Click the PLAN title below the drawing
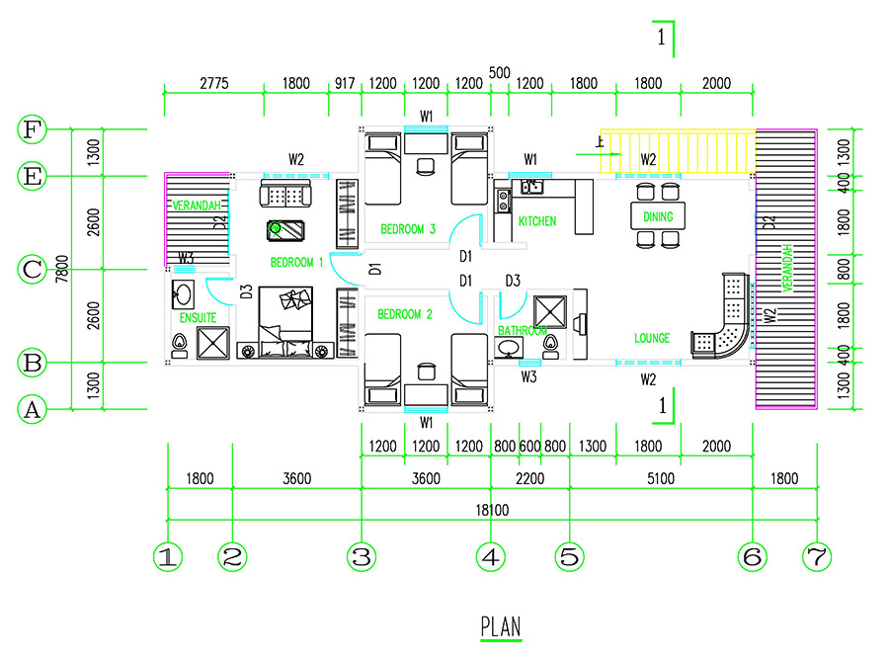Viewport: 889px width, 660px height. tap(501, 627)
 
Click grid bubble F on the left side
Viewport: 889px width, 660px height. tap(33, 129)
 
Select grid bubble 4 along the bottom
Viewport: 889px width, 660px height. tap(490, 557)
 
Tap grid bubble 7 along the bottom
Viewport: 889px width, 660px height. tap(816, 557)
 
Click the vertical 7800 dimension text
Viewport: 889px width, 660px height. tap(61, 269)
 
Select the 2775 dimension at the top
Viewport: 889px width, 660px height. tap(213, 84)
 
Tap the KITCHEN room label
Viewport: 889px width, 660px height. tap(537, 221)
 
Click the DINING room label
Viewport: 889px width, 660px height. tap(658, 216)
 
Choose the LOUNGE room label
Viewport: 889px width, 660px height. tap(652, 339)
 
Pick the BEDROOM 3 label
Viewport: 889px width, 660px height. tap(408, 230)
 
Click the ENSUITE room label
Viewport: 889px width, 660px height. tap(198, 318)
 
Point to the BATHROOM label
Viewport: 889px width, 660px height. tap(522, 331)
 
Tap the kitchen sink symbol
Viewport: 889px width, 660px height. tap(531, 187)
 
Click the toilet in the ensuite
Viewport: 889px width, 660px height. tap(181, 345)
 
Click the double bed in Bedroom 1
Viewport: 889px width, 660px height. tap(285, 321)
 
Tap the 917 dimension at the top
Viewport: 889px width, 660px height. tap(345, 84)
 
